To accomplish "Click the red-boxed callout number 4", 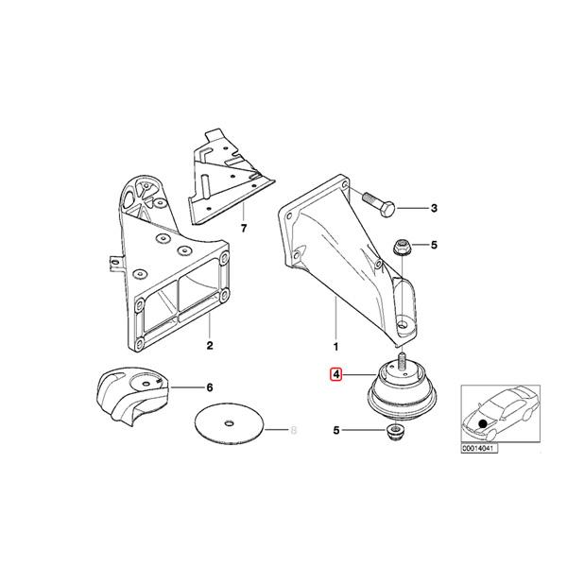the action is [x=336, y=374].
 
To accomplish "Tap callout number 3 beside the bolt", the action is [x=434, y=208].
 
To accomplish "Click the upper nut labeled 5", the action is [x=402, y=248].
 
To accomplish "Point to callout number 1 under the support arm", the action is [x=335, y=347].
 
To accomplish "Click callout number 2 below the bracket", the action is [x=210, y=345].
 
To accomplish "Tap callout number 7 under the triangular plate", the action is [x=244, y=229].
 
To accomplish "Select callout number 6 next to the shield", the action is [x=210, y=388].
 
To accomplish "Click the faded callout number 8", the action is [x=294, y=430].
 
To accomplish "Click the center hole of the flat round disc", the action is [x=230, y=423].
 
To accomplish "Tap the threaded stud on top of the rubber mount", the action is [x=402, y=362].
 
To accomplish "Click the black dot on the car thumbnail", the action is [x=482, y=423].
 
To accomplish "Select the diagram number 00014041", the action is [x=479, y=449].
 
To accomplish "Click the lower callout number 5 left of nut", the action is [x=336, y=430].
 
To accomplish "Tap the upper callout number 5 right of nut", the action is [x=434, y=245].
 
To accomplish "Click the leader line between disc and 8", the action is [x=276, y=430].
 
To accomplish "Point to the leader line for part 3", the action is [x=412, y=208].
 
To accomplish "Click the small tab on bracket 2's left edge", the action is [x=115, y=263].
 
